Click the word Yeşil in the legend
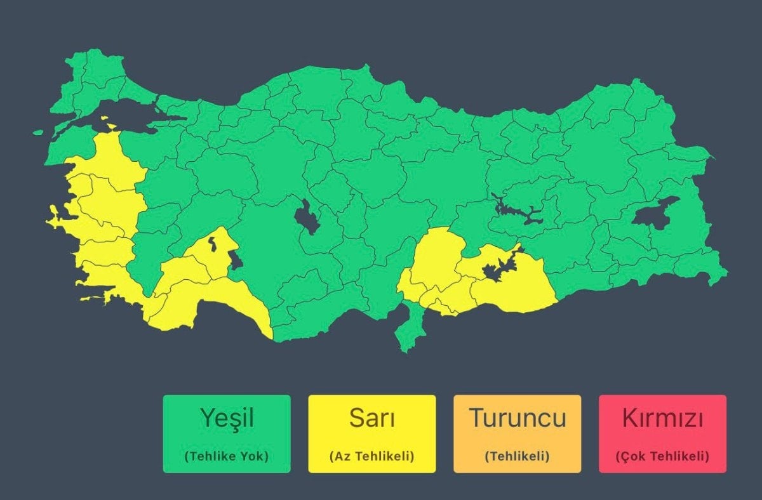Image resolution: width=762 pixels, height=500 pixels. tap(227, 418)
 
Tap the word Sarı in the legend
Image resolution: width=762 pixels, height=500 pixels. tap(371, 418)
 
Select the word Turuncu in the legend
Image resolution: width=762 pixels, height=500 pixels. tap(517, 418)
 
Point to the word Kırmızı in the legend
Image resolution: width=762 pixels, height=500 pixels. tap(662, 418)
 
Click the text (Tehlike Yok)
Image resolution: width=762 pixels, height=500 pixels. tap(227, 456)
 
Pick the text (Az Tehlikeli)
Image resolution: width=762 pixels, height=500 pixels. tap(371, 456)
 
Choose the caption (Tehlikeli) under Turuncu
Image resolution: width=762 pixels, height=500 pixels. tap(517, 456)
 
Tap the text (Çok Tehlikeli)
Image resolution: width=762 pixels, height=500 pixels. tap(662, 456)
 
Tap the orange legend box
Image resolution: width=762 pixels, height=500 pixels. tap(517, 434)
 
